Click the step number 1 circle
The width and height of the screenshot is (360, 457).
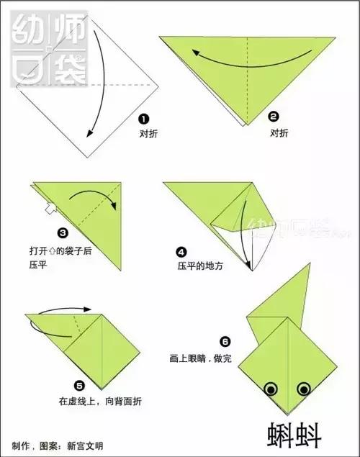144,119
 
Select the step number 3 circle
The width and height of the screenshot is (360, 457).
63,232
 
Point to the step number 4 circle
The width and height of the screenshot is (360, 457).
181,251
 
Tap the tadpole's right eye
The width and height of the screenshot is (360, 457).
304,389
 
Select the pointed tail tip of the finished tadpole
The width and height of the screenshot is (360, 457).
309,264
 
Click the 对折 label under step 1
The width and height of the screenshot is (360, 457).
149,134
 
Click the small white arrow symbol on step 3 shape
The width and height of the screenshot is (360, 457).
48,209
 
